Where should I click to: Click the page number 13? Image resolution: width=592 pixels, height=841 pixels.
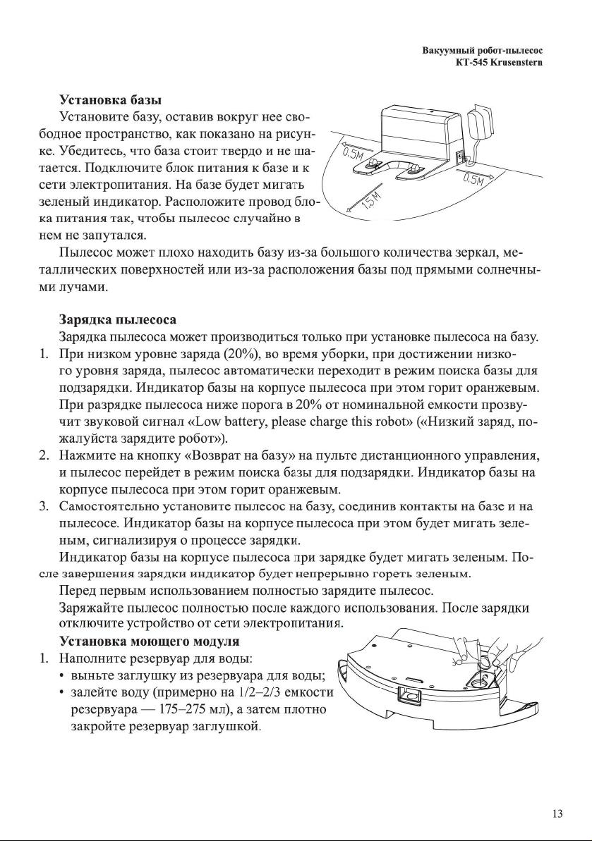[557, 814]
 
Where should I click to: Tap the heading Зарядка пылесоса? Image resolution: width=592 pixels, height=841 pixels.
[118, 319]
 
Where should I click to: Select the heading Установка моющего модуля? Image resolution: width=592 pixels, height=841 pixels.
[149, 642]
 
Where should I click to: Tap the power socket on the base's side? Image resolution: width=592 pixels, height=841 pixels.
[461, 157]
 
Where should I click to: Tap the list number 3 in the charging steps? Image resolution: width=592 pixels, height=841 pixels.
[43, 506]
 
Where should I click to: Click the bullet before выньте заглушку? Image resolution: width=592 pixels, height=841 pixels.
[66, 676]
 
